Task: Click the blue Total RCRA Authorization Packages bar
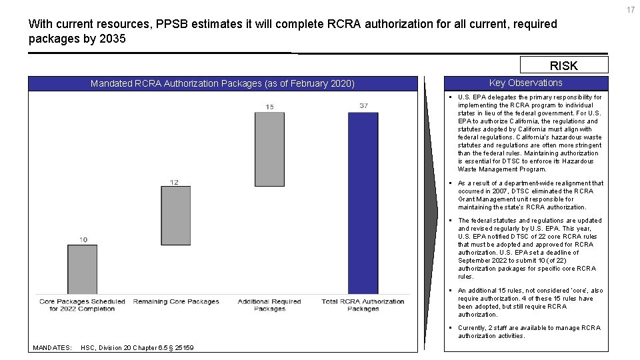coord(363,203)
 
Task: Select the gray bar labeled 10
coord(82,269)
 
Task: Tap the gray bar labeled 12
coord(175,215)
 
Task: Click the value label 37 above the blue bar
coord(363,106)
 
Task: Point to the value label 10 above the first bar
coord(83,239)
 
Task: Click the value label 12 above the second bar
coord(174,181)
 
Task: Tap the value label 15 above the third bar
coord(269,107)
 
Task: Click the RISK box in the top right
coord(563,65)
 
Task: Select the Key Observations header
coord(525,83)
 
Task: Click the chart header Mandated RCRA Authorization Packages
coord(223,83)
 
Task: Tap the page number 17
coord(630,8)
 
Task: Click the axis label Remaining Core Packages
coord(176,302)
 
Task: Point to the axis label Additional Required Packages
coord(269,305)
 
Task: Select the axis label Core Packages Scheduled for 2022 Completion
coord(82,305)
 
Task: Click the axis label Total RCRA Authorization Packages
coord(363,305)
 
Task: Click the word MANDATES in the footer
coord(52,348)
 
